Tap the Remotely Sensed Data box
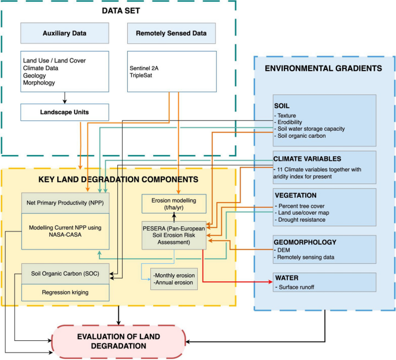pyautogui.click(x=172, y=34)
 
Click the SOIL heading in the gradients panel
pyautogui.click(x=283, y=106)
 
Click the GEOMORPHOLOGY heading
pyautogui.click(x=305, y=242)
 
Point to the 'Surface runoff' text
pyautogui.click(x=301, y=288)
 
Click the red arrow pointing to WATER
pyautogui.click(x=243, y=282)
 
